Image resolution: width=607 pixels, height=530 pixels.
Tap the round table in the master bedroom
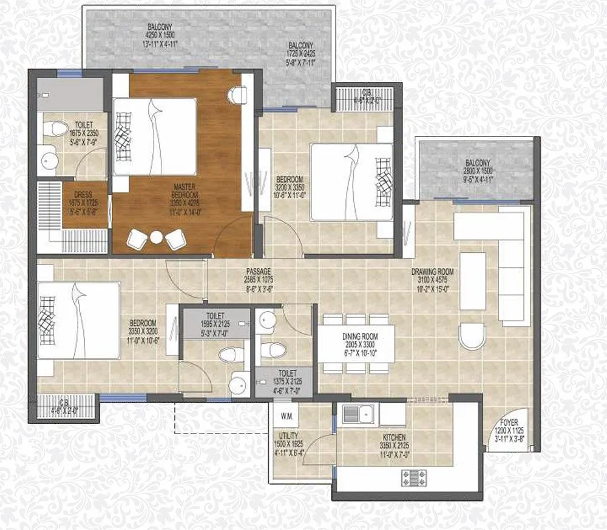[157, 238]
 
